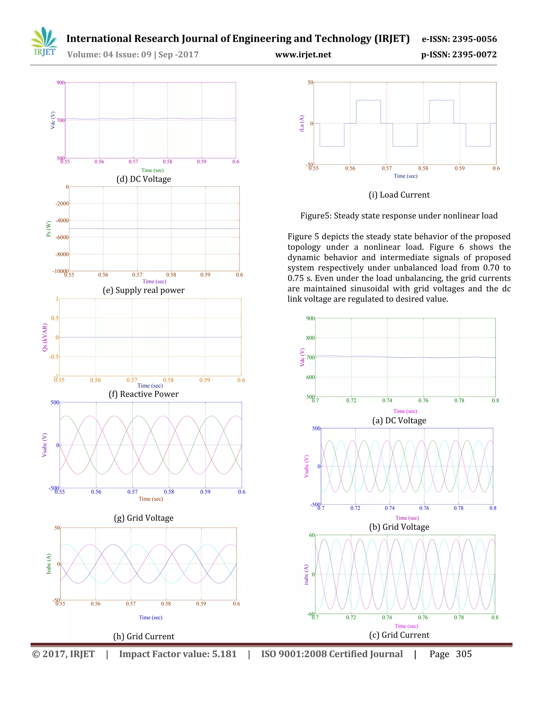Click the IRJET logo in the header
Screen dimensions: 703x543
44,42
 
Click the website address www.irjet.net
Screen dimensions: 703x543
303,55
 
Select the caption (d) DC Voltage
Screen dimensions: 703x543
143,179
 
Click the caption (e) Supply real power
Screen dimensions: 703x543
143,290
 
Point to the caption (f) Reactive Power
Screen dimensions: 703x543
143,394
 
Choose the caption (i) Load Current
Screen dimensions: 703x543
399,195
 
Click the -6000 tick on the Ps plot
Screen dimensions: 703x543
62,237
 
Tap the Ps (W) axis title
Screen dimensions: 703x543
49,229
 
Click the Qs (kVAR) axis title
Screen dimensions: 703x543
45,337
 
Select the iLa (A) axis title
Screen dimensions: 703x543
301,123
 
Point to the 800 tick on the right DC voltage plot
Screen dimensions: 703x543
310,338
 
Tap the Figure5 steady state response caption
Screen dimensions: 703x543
399,216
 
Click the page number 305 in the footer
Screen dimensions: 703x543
463,654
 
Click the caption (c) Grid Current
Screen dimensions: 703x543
399,635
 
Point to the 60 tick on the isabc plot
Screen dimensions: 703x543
312,535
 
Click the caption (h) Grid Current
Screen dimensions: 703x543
143,636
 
